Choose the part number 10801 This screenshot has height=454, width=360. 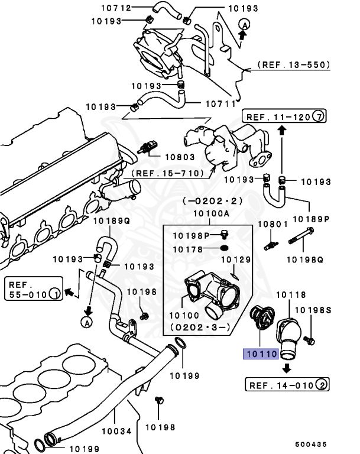pyautogui.click(x=273, y=225)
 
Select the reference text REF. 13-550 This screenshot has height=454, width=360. pyautogui.click(x=293, y=64)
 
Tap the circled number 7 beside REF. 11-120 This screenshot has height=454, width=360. pyautogui.click(x=318, y=116)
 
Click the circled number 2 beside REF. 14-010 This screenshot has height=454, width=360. pyautogui.click(x=321, y=385)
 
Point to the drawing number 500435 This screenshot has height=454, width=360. pyautogui.click(x=311, y=444)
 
